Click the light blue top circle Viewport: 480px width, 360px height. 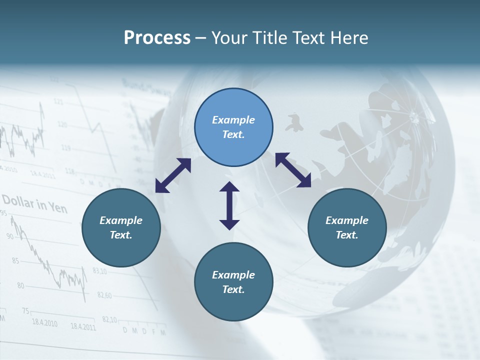tap(233, 127)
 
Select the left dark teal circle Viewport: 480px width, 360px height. tap(121, 227)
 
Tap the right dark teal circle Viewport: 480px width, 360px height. tap(347, 227)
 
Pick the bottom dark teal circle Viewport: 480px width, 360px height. tap(233, 282)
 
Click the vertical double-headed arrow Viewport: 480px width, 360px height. tap(229, 205)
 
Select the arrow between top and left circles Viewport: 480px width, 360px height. tap(173, 175)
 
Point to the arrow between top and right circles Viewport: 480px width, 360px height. tap(293, 170)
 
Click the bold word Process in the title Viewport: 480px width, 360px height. tap(157, 37)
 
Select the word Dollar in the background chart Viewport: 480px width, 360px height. tap(18, 201)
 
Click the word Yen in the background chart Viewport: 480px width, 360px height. tap(58, 206)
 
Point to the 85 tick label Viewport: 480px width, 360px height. tap(15, 260)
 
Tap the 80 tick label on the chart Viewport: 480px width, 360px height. tap(20, 285)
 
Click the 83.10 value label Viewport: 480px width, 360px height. tap(99, 271)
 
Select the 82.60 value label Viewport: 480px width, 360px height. tap(104, 295)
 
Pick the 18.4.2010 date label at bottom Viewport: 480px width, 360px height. tap(44, 323)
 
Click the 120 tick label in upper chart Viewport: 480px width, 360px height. tap(62, 124)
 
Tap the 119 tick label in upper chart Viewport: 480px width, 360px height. tap(65, 147)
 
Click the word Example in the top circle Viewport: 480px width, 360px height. tap(233, 120)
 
